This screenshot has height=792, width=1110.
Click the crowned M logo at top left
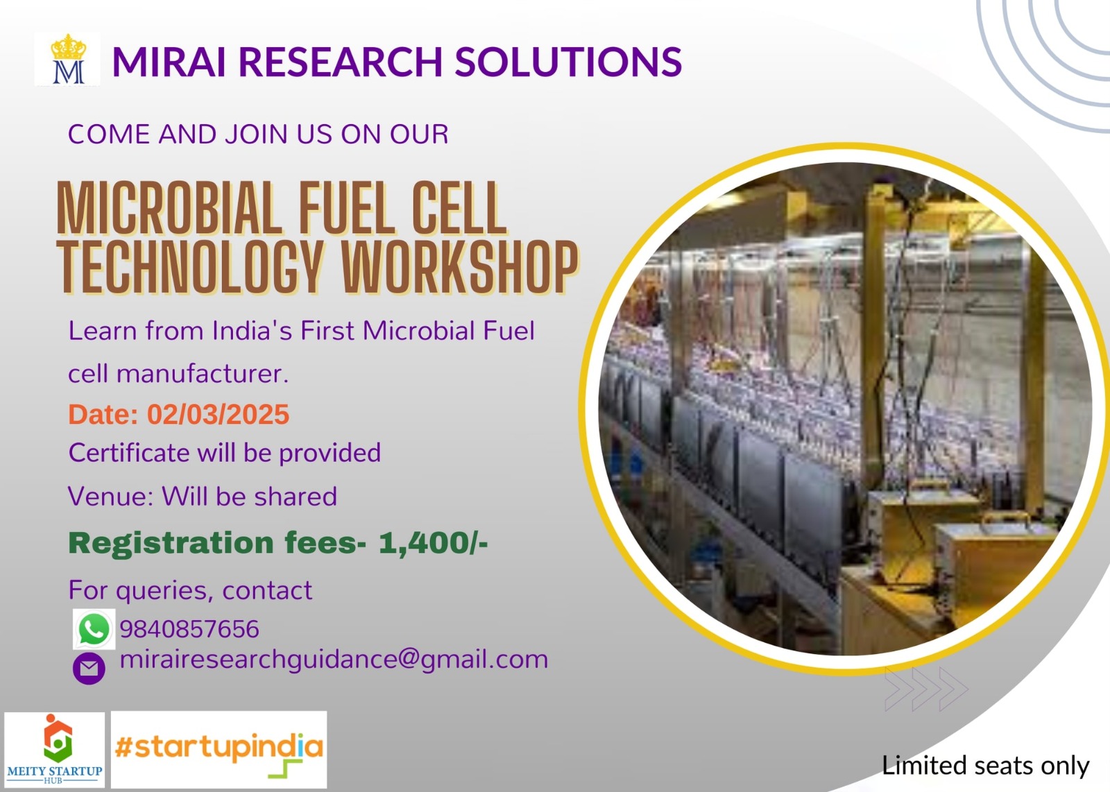tap(67, 60)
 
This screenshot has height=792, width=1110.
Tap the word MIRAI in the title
tap(169, 62)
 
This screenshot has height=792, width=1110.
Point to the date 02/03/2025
tap(218, 415)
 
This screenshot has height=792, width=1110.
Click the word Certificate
tap(128, 453)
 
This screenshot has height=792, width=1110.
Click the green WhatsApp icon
tap(94, 630)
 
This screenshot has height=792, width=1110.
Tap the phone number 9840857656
tap(189, 629)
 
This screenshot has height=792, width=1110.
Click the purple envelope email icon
tap(89, 669)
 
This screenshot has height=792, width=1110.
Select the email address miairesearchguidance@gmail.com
tap(334, 659)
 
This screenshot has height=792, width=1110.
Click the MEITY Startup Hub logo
tap(55, 750)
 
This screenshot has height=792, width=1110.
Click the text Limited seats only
tap(984, 766)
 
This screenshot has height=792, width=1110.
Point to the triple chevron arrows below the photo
tap(925, 689)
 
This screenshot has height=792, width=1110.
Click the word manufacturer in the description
tap(202, 374)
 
